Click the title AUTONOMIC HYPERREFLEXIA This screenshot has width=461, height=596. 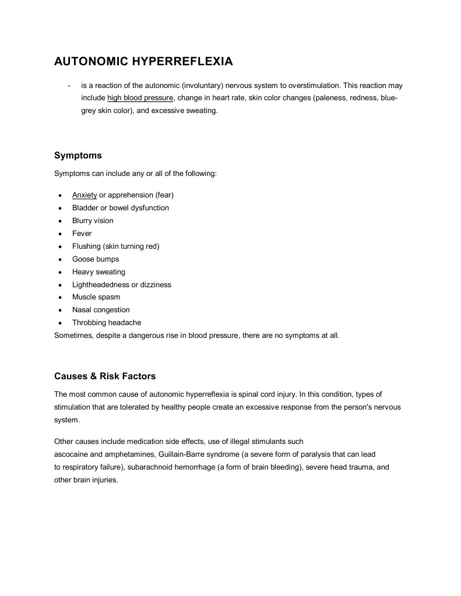143,61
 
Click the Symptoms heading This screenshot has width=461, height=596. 78,156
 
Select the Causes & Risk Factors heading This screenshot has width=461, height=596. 105,376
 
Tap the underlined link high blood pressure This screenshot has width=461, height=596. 140,98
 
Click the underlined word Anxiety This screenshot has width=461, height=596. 85,195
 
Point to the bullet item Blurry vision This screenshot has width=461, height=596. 93,221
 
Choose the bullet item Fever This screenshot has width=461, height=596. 82,234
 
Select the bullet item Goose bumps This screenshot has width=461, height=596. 96,259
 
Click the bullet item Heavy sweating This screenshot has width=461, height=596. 98,272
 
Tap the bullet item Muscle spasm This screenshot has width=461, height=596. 96,297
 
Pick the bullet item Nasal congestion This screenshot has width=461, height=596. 101,310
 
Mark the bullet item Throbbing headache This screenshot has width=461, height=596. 107,323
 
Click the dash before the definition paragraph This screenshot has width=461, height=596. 69,86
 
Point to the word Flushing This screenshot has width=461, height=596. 86,246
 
